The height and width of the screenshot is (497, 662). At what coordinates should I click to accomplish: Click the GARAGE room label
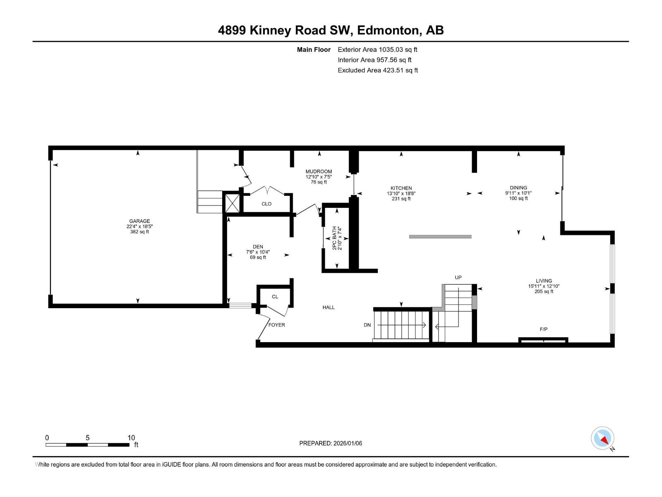(139, 221)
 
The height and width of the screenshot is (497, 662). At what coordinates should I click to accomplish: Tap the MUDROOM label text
(319, 171)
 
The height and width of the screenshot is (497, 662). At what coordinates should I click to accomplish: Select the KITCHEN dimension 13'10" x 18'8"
(401, 193)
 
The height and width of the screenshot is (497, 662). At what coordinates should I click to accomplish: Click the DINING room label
(518, 188)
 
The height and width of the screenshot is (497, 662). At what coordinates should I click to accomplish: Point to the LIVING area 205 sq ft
(544, 292)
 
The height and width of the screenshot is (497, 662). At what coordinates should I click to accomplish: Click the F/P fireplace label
(543, 329)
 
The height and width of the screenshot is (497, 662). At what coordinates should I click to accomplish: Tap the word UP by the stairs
(458, 277)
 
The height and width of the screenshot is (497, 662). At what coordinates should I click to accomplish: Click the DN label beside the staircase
(367, 325)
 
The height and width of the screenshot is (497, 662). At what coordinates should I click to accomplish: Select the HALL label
(329, 307)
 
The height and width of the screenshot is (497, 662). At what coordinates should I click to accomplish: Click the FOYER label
(276, 325)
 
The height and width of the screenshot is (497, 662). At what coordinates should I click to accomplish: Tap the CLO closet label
(266, 204)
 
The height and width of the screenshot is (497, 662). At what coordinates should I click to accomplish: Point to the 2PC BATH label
(335, 238)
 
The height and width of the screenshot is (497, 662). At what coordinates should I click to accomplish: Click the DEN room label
(258, 247)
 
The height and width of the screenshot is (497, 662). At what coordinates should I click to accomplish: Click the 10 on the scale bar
(131, 438)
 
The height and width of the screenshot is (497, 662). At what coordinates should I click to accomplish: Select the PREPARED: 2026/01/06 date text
(331, 443)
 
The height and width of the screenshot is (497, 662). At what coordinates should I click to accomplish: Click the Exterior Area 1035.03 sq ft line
(377, 50)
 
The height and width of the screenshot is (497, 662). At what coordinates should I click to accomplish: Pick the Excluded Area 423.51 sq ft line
(377, 70)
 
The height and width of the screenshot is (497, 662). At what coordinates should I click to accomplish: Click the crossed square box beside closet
(231, 204)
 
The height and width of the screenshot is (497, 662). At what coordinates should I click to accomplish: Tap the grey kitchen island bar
(440, 237)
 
